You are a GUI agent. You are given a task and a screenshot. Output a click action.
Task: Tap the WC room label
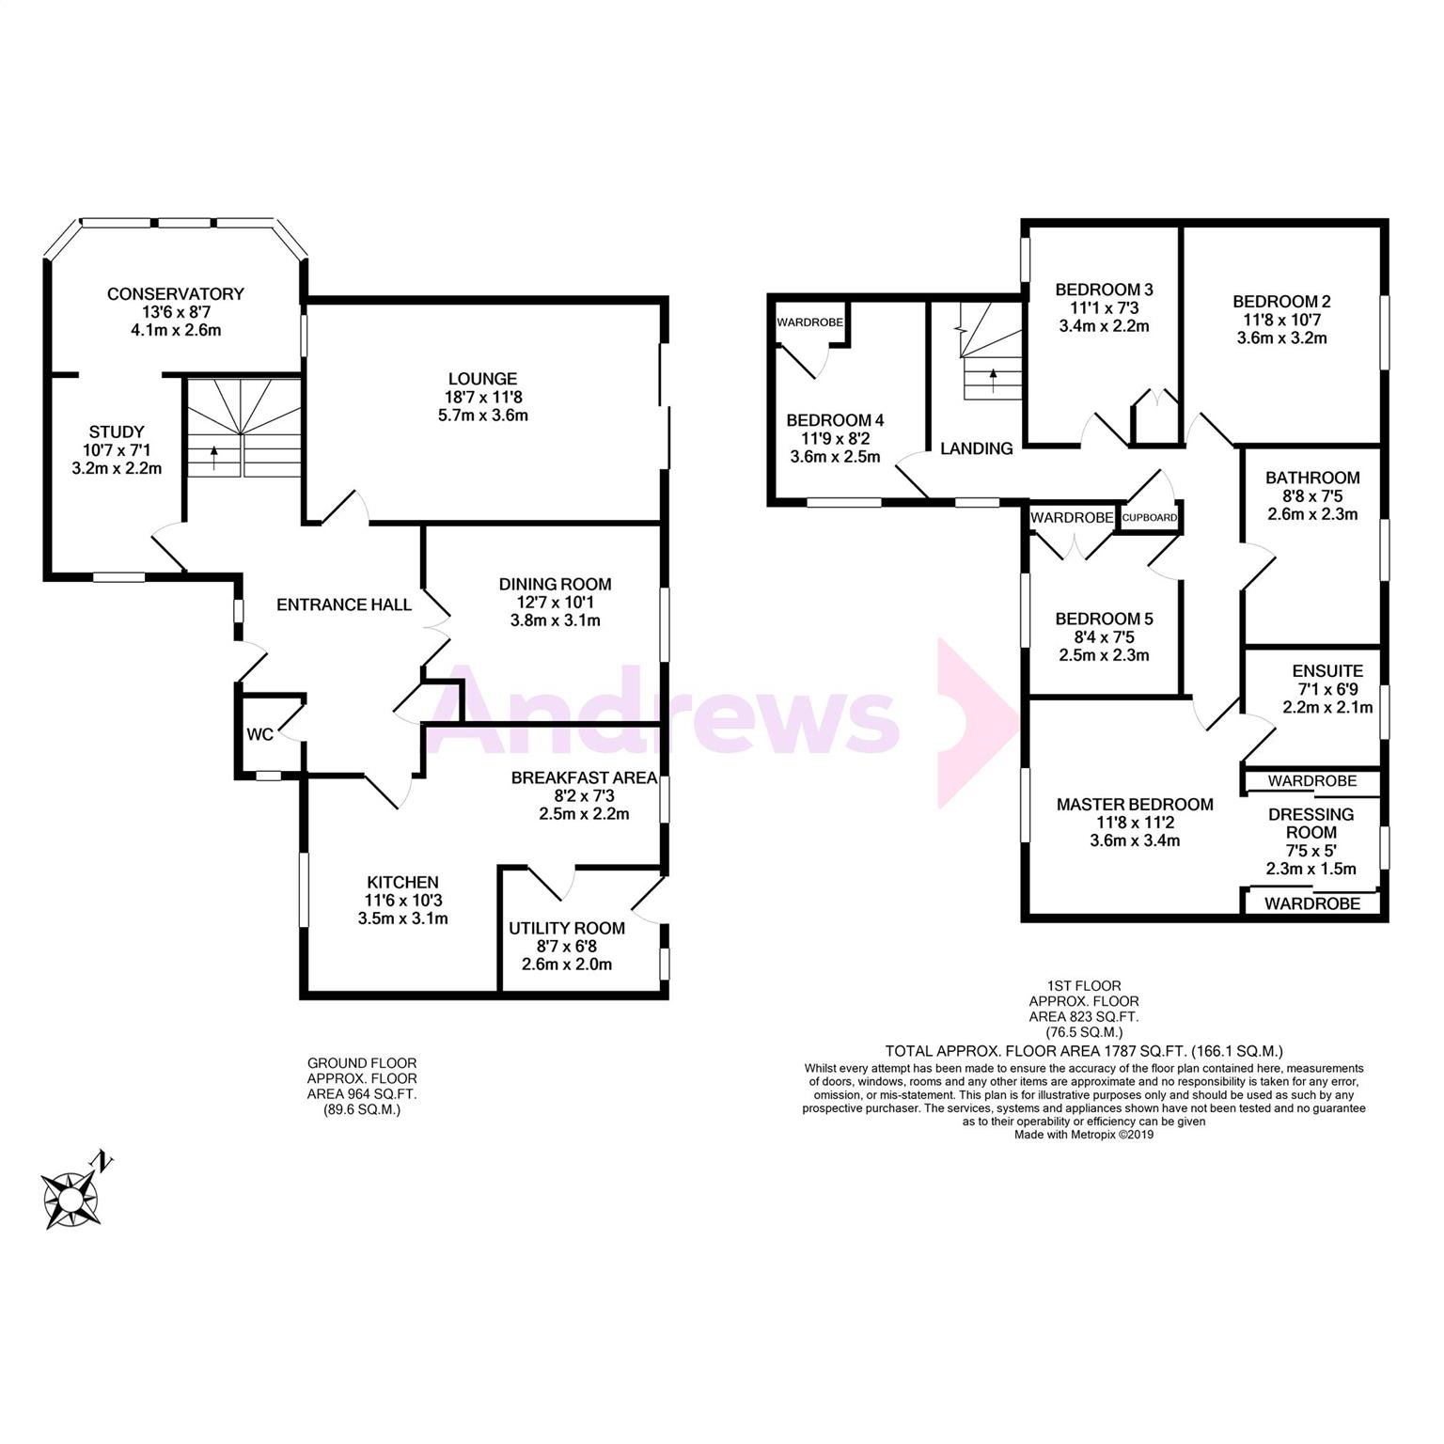[259, 734]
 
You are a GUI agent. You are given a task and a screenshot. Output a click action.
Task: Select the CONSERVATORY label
[176, 294]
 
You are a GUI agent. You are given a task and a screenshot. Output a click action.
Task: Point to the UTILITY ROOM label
[567, 929]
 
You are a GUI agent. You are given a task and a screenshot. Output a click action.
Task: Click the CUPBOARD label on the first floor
[1149, 518]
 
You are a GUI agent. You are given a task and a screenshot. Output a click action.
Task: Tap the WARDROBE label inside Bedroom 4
[809, 322]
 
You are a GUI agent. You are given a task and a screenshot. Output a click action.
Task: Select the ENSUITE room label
[1327, 671]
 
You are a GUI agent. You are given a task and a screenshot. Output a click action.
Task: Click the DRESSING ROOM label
[1311, 824]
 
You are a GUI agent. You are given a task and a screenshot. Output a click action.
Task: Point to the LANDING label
[977, 449]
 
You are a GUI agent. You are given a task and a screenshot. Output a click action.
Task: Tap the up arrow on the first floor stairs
[993, 380]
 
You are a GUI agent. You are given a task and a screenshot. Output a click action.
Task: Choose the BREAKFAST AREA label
[584, 778]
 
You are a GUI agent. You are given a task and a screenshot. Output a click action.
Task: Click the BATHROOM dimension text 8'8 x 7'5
[1313, 495]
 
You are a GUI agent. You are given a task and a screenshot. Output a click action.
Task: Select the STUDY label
[118, 432]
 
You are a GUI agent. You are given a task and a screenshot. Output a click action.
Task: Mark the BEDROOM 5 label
[1104, 620]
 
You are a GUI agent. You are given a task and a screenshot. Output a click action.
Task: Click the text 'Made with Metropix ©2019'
[1084, 1135]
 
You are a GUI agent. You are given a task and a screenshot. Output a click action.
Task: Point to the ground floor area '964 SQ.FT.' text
[363, 1094]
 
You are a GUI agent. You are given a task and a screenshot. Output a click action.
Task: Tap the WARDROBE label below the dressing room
[1312, 903]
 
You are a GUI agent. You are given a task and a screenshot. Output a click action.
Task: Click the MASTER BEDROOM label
[1135, 805]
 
